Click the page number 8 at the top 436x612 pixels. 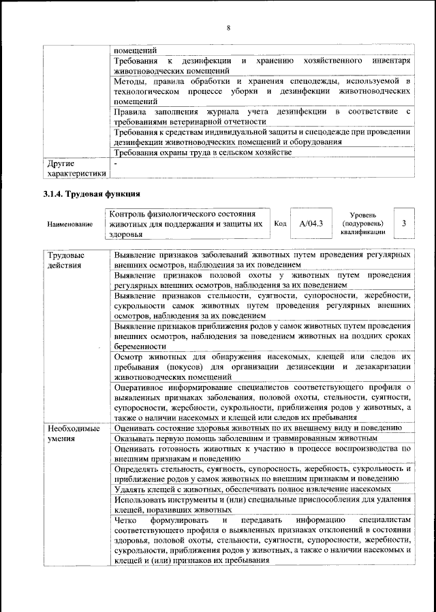(x=228, y=28)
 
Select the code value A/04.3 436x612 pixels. (x=311, y=223)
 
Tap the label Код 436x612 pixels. (x=280, y=223)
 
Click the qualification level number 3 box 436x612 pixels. (x=404, y=223)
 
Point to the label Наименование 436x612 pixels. (x=70, y=224)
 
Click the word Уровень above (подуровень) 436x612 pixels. (x=362, y=214)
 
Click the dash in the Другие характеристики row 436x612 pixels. (x=116, y=164)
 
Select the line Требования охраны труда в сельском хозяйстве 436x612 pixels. (x=203, y=153)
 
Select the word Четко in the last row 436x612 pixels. (x=127, y=519)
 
